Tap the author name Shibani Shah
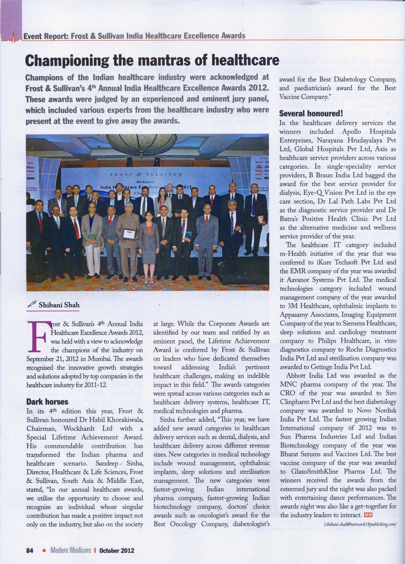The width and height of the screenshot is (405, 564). click(59, 305)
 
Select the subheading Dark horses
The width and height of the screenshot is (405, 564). click(47, 402)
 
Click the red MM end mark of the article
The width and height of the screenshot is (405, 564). click(368, 515)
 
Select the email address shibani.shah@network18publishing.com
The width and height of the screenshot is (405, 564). click(360, 524)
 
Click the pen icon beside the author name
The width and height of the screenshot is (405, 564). click(32, 304)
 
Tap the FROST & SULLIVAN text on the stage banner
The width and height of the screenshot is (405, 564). click(146, 174)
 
